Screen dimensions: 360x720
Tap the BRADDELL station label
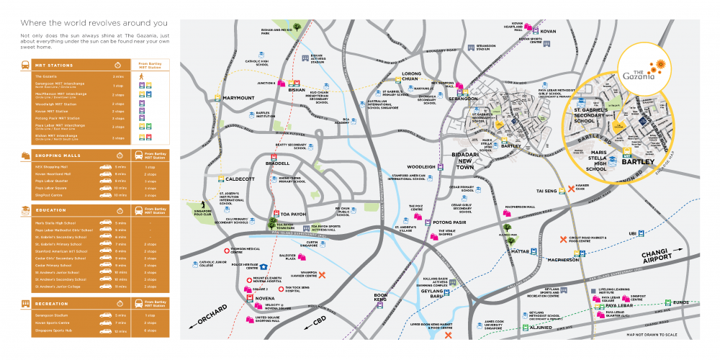(x=277, y=163)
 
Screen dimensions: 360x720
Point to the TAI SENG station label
(x=547, y=191)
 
